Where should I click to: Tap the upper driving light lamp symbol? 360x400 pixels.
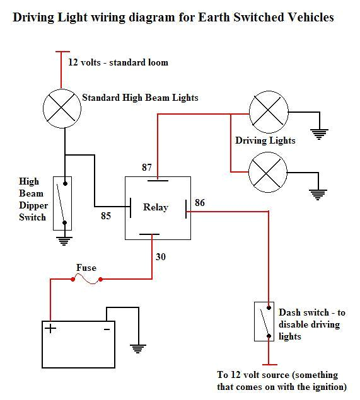click(268, 113)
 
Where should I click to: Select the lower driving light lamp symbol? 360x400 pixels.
click(268, 171)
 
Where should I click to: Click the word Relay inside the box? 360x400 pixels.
click(155, 207)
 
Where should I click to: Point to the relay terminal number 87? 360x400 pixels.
click(148, 168)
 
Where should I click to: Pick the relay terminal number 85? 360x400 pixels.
click(107, 216)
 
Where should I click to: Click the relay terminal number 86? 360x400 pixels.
click(199, 203)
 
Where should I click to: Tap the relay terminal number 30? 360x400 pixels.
click(161, 257)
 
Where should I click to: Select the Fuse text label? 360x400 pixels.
click(86, 268)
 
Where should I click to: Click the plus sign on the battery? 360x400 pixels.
click(49, 329)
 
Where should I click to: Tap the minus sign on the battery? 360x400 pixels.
click(107, 329)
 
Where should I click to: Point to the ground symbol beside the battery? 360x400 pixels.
click(137, 347)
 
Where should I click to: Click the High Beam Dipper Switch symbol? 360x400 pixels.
click(64, 203)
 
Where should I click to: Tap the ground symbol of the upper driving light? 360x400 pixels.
click(320, 133)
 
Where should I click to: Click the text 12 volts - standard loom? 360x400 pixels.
click(118, 62)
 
